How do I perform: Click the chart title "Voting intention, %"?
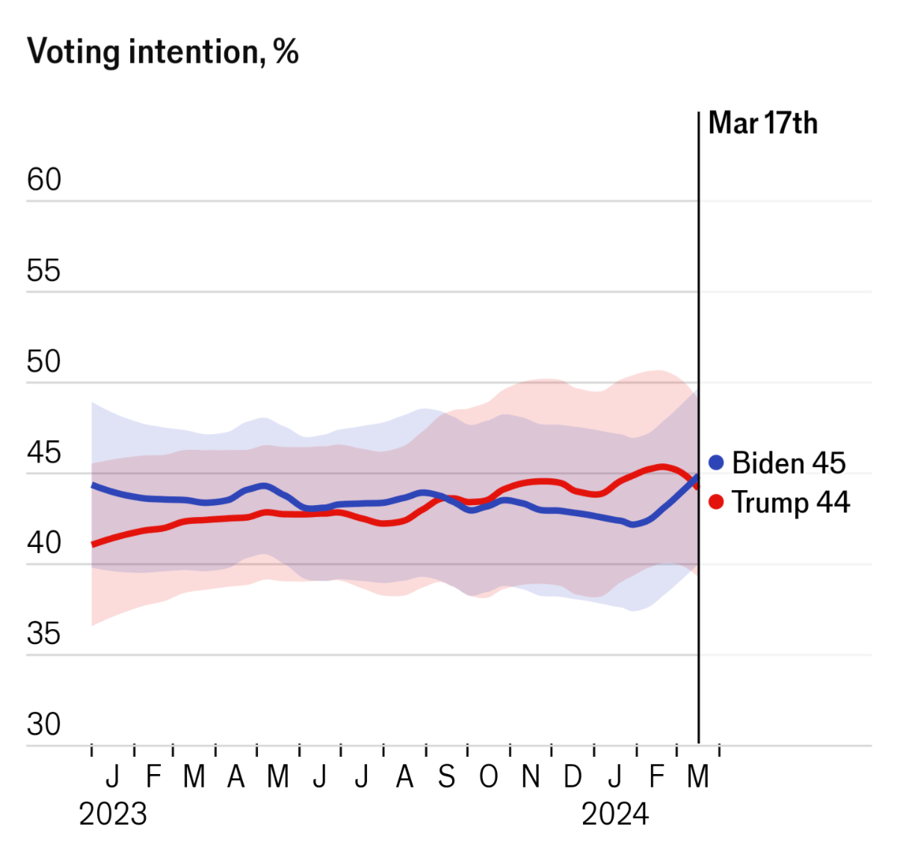point(163,52)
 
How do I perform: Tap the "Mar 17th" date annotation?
point(762,123)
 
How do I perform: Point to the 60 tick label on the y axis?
point(44,180)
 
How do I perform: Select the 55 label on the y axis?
point(44,270)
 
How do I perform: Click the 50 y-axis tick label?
point(44,362)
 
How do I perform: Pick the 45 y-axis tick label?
point(44,453)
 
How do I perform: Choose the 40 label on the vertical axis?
point(44,543)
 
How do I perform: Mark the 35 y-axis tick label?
point(44,634)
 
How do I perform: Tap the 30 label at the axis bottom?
point(44,724)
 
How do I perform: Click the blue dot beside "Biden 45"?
point(716,462)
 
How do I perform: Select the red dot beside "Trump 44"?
point(716,501)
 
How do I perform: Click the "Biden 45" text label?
point(789,463)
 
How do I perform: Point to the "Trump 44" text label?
point(791,502)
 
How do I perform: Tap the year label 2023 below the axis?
point(113,814)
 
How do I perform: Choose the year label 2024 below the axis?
point(615,814)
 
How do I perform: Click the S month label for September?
point(446,777)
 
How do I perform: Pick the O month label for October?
point(488,777)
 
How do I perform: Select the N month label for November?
point(531,777)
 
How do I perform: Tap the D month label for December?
point(573,777)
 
